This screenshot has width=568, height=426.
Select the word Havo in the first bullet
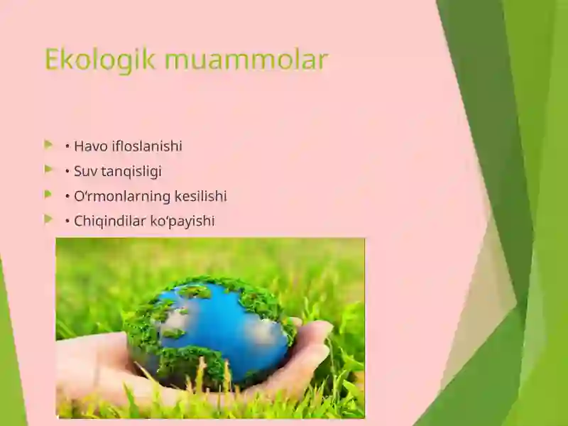coord(91,146)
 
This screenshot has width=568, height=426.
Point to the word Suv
coord(87,171)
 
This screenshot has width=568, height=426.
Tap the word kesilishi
coord(201,196)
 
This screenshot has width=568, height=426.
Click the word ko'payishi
coord(182,221)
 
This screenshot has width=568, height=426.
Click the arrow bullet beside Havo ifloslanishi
coord(48,145)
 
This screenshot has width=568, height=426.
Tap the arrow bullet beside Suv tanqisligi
coord(48,170)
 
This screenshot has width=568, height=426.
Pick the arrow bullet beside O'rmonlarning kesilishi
coord(48,195)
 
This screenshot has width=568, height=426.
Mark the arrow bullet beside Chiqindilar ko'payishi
coord(48,219)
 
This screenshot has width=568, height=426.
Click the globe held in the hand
coord(209,327)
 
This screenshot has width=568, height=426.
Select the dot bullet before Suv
coord(67,172)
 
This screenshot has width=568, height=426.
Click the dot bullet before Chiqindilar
coord(67,222)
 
